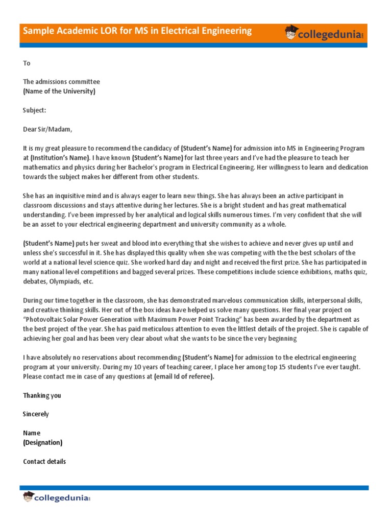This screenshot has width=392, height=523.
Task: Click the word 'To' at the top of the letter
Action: pyautogui.click(x=27, y=63)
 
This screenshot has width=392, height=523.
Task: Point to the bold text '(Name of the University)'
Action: pyautogui.click(x=59, y=91)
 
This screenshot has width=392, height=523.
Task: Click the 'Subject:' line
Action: pyautogui.click(x=35, y=110)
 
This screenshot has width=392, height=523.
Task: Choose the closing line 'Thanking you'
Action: pyautogui.click(x=42, y=395)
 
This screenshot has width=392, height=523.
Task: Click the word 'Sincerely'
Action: pyautogui.click(x=36, y=414)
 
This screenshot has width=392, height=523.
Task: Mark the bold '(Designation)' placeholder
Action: pyautogui.click(x=43, y=442)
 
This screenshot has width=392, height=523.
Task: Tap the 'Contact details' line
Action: pyautogui.click(x=44, y=461)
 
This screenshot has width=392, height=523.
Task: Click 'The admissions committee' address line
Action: pyautogui.click(x=62, y=82)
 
